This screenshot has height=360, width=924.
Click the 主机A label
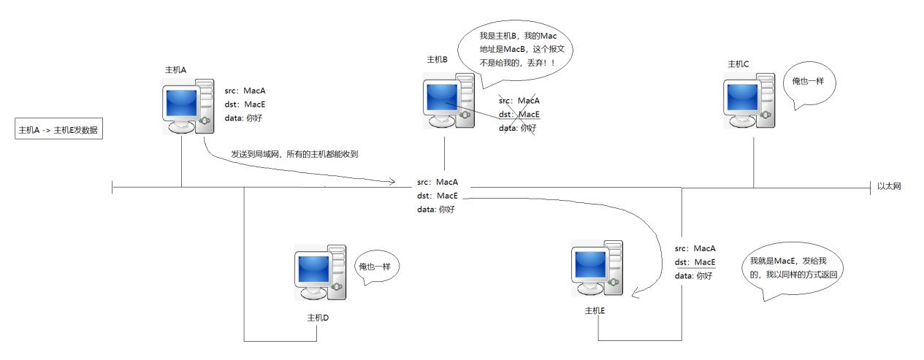click(176, 69)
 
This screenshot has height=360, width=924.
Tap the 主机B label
click(437, 59)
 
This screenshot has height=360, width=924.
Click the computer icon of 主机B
click(448, 100)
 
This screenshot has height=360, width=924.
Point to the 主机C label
click(738, 64)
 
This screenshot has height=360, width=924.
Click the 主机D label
click(318, 318)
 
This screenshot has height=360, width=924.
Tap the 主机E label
click(595, 310)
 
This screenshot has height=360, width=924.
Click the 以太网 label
click(889, 187)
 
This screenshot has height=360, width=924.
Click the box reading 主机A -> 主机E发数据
click(58, 130)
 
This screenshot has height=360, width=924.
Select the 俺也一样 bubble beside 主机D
click(375, 269)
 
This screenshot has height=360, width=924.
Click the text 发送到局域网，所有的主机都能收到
click(294, 154)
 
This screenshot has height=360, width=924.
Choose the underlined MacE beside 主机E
click(704, 262)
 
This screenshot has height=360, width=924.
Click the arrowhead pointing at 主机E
click(635, 296)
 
